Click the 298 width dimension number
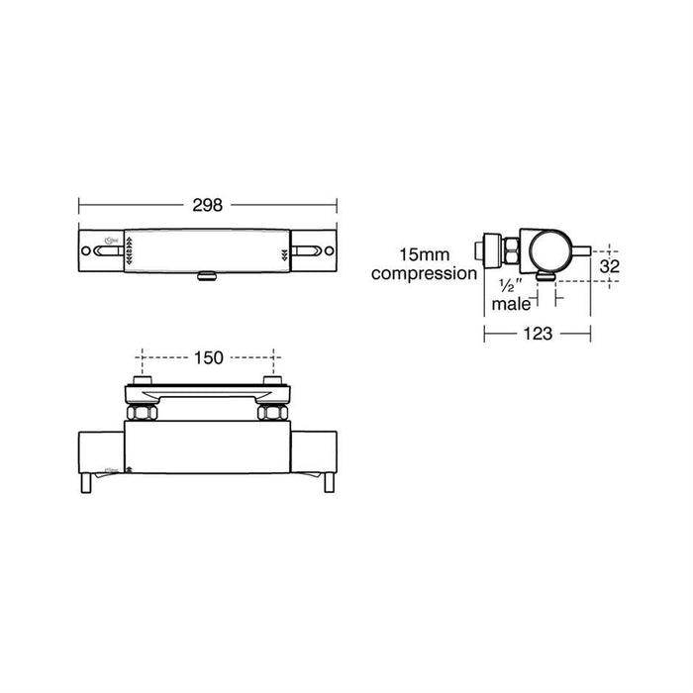click(209, 206)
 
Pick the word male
click(512, 305)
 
